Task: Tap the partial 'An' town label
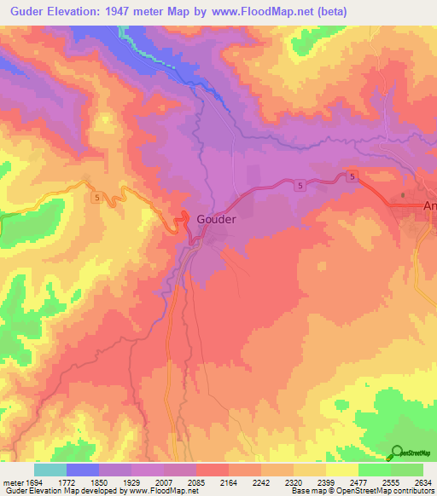click(x=429, y=205)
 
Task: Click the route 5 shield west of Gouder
click(x=96, y=196)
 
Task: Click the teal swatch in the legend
click(x=50, y=470)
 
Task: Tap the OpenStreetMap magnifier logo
click(x=397, y=452)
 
